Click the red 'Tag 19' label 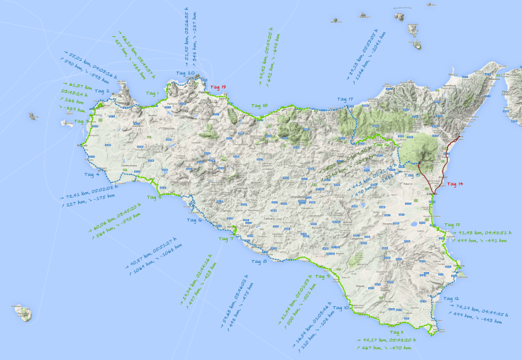click(x=218, y=87)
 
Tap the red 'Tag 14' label click(x=455, y=184)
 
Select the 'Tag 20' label click(x=186, y=73)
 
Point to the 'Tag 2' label click(x=101, y=91)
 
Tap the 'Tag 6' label click(x=194, y=220)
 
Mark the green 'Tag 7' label click(x=226, y=239)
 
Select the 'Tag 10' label click(x=341, y=308)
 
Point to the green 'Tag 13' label click(x=452, y=225)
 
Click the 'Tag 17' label click(x=345, y=99)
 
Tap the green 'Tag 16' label click(x=411, y=174)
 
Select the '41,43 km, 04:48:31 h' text click(x=485, y=232)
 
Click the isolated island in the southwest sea click(x=22, y=313)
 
